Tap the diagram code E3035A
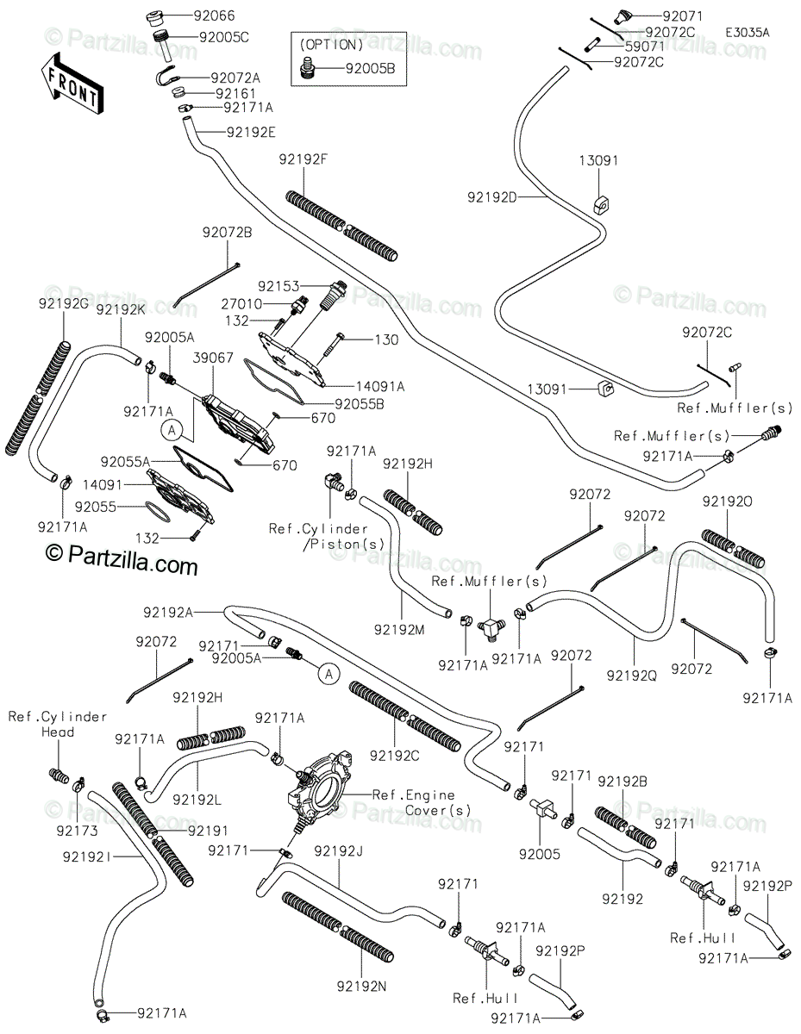coord(747,32)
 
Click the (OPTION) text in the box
coord(332,44)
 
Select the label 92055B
coord(360,402)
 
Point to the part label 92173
coord(78,832)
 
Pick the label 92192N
coord(361,985)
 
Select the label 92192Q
coord(632,676)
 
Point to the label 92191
coord(207,830)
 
